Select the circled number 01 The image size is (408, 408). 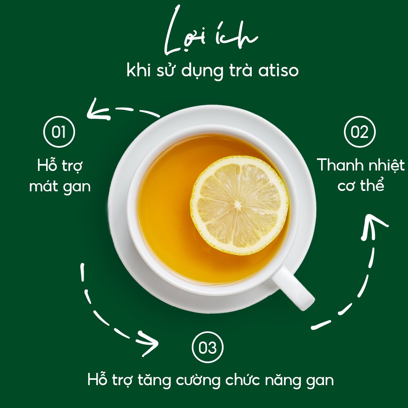(60, 132)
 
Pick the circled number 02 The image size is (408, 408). (359, 132)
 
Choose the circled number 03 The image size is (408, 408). (208, 348)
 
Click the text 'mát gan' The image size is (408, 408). (60, 186)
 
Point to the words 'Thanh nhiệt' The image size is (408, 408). (361, 166)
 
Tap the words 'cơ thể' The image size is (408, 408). (361, 186)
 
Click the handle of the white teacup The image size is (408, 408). (293, 288)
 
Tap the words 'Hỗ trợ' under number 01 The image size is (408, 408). (60, 166)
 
